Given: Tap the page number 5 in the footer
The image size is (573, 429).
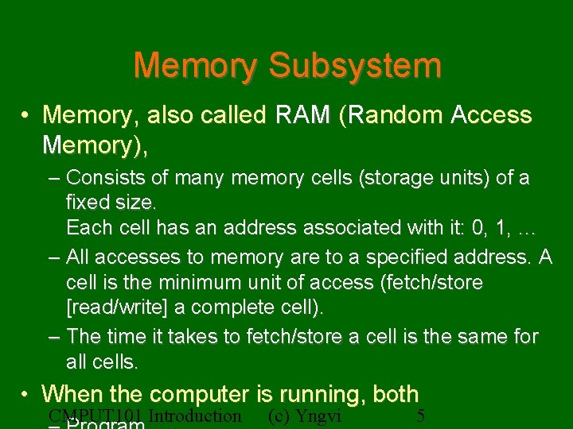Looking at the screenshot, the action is click(421, 416).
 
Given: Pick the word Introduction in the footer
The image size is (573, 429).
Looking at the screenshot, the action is click(194, 416).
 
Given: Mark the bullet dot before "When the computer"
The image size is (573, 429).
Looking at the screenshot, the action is click(26, 394).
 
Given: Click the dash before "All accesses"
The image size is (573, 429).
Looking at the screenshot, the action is click(53, 257).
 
